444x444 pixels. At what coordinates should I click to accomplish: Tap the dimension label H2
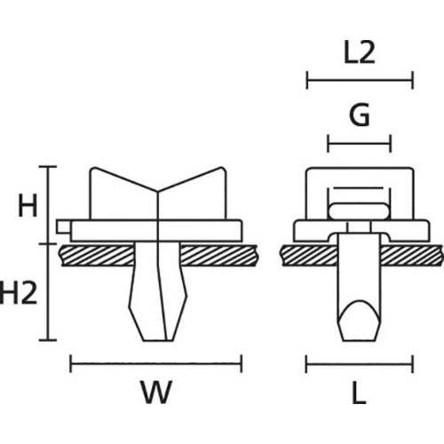click(x=20, y=291)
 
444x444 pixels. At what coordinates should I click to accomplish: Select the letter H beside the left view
click(x=28, y=208)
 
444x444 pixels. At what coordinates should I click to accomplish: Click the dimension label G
click(x=360, y=115)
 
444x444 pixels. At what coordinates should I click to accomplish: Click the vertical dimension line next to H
click(x=49, y=204)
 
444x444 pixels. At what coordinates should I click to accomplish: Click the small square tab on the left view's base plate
click(x=61, y=226)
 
